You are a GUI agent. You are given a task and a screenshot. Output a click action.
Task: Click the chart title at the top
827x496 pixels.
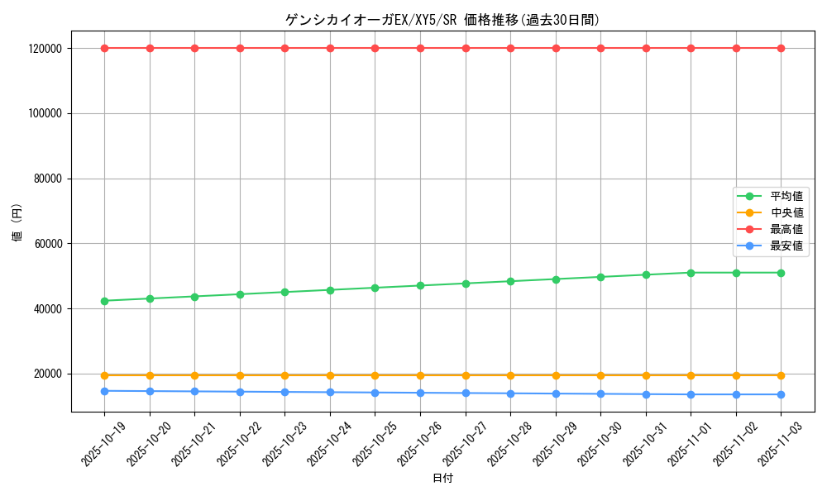pos(442,20)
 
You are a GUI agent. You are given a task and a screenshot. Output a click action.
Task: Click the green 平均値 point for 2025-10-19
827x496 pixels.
pos(104,301)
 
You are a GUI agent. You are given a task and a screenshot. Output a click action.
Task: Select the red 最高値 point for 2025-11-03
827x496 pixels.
pos(781,48)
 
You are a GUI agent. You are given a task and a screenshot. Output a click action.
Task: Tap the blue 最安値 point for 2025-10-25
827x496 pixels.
pos(375,393)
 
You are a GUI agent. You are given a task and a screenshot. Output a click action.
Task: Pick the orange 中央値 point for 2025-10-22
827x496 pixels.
pos(240,375)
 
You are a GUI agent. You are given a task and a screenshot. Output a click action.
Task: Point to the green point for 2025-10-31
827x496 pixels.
pos(646,274)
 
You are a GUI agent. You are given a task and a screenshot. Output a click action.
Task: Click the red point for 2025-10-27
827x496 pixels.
pos(466,48)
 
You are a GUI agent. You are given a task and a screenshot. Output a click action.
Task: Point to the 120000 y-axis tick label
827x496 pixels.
pos(45,49)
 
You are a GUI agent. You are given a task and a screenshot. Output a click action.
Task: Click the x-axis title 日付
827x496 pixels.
pos(442,479)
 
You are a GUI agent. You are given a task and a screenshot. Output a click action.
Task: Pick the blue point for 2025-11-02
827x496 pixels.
pos(736,394)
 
